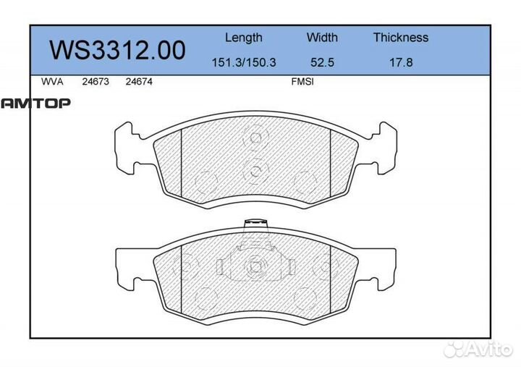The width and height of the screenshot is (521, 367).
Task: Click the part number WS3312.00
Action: (117, 51)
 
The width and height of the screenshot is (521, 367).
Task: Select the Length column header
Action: (243, 38)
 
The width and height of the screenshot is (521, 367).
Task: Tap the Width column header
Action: (322, 38)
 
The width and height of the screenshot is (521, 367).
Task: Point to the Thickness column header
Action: (400, 38)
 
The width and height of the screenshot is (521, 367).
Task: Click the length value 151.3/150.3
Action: (243, 63)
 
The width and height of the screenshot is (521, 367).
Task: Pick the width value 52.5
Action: (322, 63)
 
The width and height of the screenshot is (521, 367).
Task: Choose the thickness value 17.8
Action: (400, 63)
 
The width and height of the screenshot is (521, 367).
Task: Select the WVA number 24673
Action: (95, 83)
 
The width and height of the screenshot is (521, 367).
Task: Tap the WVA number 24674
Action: (138, 83)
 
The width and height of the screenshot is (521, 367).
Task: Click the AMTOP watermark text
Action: (35, 104)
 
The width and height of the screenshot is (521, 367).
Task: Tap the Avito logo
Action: (477, 350)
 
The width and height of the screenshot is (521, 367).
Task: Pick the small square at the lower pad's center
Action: (255, 266)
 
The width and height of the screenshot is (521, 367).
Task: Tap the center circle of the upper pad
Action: (255, 172)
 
